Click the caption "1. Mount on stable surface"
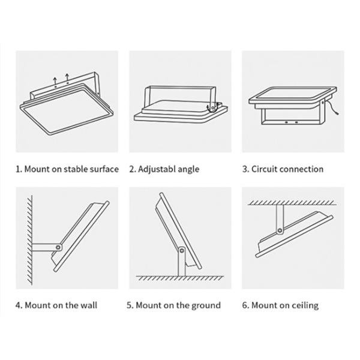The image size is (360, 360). [67, 169]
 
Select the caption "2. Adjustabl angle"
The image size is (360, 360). [164, 169]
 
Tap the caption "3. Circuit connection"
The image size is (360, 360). [283, 169]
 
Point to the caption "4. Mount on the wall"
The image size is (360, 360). [56, 305]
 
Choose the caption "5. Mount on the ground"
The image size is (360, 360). [173, 305]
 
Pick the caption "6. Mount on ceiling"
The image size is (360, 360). [280, 305]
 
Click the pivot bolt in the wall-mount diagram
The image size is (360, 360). [58, 247]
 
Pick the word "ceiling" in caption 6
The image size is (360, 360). [304, 305]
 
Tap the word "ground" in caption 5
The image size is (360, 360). [206, 305]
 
